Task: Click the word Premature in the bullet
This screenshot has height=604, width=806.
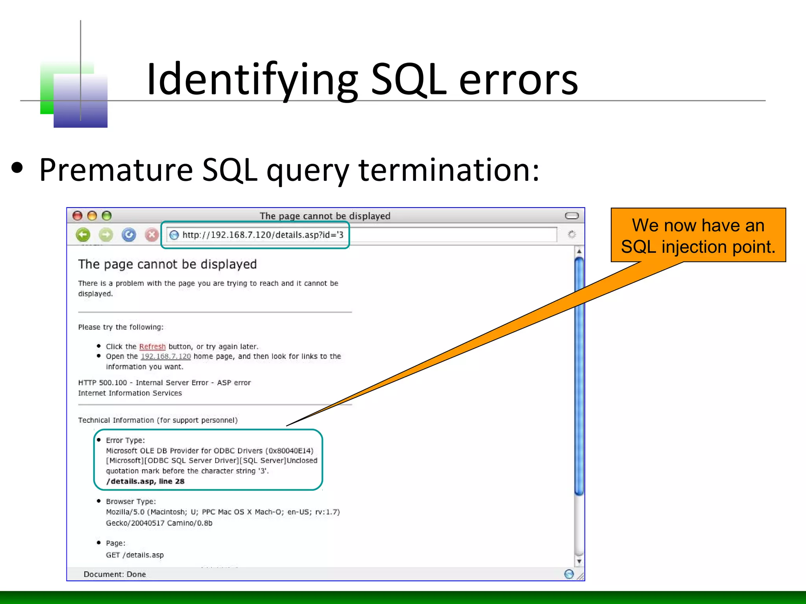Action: tap(116, 170)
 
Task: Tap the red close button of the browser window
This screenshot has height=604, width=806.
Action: tap(78, 216)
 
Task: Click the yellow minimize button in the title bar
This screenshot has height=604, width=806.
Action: tap(92, 216)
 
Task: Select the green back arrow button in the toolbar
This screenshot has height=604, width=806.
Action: tap(83, 235)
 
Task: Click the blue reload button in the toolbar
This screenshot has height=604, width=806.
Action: tap(129, 235)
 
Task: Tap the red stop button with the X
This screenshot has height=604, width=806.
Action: tap(152, 235)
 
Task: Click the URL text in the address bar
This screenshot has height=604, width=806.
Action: tap(263, 235)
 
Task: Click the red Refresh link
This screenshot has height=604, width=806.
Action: tap(152, 346)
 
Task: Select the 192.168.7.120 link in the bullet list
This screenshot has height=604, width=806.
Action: tap(166, 356)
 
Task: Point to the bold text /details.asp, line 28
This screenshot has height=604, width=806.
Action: tap(145, 481)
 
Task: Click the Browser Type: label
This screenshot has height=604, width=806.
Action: tap(131, 502)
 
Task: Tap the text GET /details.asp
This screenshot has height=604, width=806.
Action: tap(135, 555)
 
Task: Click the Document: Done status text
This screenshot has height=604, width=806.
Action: tap(115, 574)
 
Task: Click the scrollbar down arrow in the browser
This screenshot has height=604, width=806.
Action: tap(579, 562)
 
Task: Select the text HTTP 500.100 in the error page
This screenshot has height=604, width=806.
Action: tap(102, 383)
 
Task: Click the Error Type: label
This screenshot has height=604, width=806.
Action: tap(125, 440)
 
